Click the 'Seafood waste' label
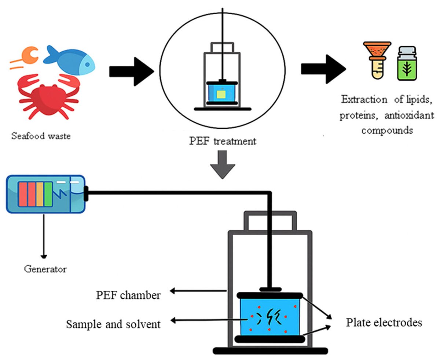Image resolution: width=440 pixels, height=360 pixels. point(40,136)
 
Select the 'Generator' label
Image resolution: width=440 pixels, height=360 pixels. point(45,269)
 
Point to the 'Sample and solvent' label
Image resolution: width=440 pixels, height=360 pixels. point(114,324)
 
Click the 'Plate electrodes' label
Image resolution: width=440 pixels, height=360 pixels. point(384,323)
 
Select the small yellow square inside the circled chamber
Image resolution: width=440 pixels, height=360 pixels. point(221,95)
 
